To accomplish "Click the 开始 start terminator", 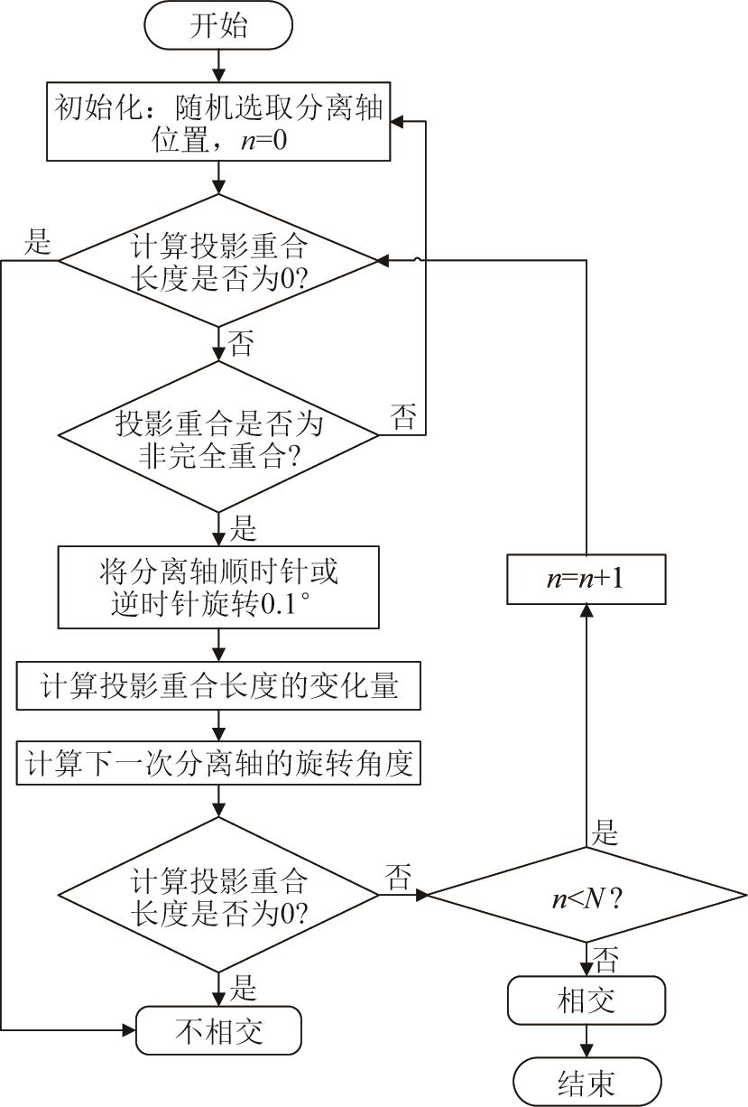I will point(218,26).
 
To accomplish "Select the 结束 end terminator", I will point(586,1082).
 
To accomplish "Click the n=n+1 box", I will point(586,579).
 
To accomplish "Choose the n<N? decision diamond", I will point(586,896).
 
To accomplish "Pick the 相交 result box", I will point(586,1001).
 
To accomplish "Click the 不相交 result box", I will point(218,1029).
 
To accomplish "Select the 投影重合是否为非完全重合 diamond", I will point(218,437).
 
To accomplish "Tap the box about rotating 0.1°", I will point(218,587).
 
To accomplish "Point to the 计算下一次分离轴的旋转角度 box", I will point(218,764).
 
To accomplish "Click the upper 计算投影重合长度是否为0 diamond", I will point(218,260).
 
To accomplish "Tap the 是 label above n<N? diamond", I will point(605,833).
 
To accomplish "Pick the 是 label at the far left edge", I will point(38,241).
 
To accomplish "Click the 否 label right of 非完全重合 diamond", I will point(402,416).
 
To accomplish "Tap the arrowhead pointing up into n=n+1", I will point(586,611).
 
